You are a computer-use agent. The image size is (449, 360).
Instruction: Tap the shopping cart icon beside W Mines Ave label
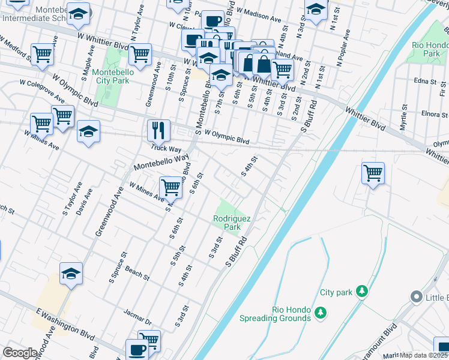(171, 187)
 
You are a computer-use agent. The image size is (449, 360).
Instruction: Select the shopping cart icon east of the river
(373, 173)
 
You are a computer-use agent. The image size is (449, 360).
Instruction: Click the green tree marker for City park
(361, 292)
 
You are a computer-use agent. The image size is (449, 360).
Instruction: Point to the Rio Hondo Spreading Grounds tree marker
(321, 312)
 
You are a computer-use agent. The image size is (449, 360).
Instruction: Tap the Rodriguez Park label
(227, 223)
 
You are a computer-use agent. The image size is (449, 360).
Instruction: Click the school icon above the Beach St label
(71, 273)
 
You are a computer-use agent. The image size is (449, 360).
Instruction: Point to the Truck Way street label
(166, 148)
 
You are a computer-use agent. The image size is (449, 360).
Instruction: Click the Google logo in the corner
(20, 353)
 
